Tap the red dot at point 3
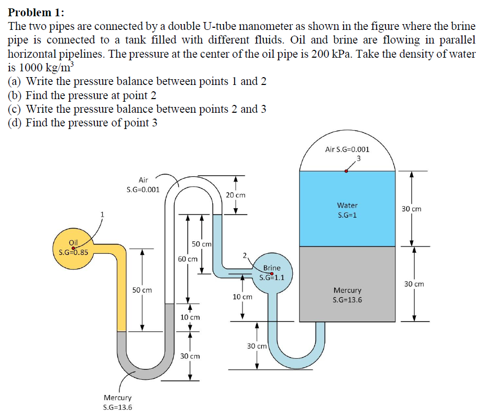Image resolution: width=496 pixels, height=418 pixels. click(x=346, y=171)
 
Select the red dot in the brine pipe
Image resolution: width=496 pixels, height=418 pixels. click(x=272, y=273)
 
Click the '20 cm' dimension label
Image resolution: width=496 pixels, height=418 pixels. click(x=236, y=195)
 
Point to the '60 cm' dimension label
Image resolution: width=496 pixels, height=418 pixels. click(x=188, y=259)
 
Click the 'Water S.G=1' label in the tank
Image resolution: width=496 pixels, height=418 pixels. click(x=347, y=210)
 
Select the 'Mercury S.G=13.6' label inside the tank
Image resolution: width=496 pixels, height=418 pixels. click(x=347, y=295)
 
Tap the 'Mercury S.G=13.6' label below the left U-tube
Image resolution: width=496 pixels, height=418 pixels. click(x=118, y=403)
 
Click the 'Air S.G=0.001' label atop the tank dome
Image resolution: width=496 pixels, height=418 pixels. click(x=347, y=149)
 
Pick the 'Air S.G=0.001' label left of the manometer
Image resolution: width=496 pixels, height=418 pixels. click(x=143, y=184)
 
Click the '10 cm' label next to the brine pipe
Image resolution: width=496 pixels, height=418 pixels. click(x=242, y=297)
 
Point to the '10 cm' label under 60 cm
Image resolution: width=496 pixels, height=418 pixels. click(x=190, y=317)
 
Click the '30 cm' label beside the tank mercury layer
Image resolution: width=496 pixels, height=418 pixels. click(x=414, y=284)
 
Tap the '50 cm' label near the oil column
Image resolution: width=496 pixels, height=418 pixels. click(x=142, y=290)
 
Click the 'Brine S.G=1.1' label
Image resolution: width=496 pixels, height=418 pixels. click(x=272, y=272)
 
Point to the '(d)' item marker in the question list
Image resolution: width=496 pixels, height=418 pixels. click(x=16, y=123)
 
